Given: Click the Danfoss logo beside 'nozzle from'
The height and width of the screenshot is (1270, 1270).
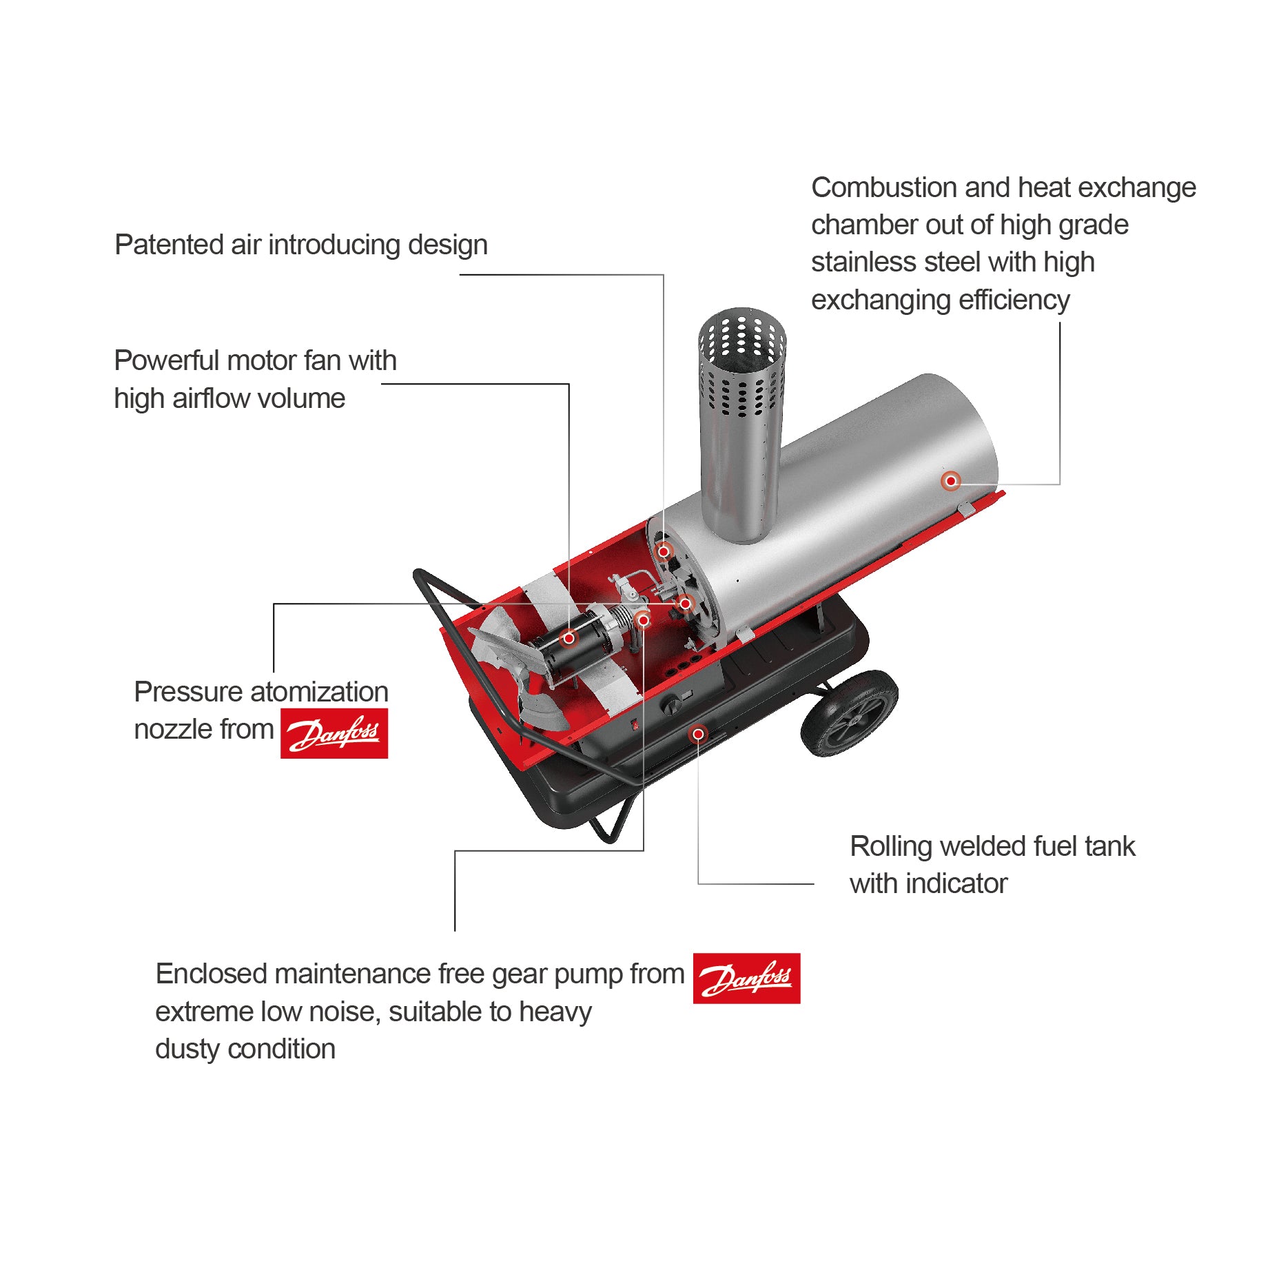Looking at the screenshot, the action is pyautogui.click(x=334, y=733).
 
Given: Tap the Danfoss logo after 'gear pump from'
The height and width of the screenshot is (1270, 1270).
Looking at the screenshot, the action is pyautogui.click(x=747, y=978).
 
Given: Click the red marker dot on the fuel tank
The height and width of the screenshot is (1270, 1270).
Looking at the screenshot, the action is pyautogui.click(x=698, y=734).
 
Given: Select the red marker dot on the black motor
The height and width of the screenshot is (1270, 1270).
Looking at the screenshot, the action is pyautogui.click(x=569, y=638).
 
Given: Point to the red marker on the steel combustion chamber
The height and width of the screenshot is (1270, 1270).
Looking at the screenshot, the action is pyautogui.click(x=951, y=480).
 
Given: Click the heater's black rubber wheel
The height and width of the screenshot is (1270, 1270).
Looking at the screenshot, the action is pyautogui.click(x=850, y=713).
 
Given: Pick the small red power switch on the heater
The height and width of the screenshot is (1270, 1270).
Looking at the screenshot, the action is pyautogui.click(x=635, y=724).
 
